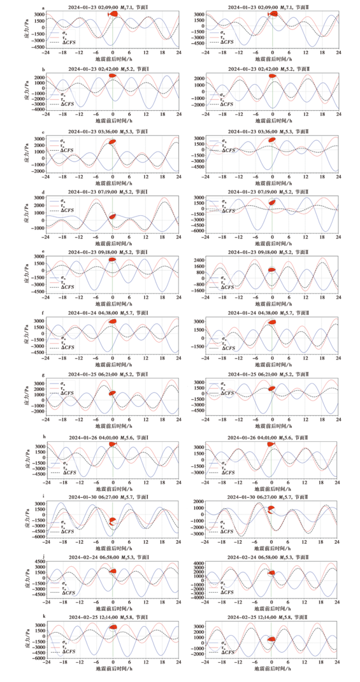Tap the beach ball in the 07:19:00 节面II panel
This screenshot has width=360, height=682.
272,202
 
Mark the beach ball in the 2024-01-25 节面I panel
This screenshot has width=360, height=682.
112,393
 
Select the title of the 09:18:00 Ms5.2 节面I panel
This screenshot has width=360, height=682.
112,252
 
